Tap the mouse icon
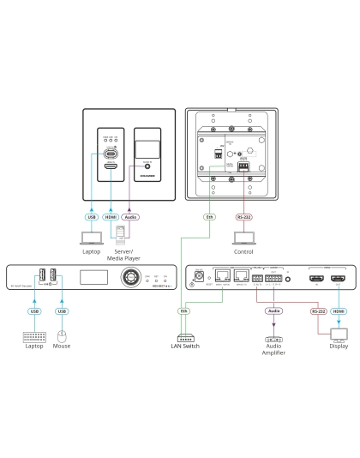61,335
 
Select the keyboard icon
34,335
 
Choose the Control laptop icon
243,238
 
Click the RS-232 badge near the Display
319,311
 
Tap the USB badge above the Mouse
61,310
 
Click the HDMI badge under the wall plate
111,218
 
